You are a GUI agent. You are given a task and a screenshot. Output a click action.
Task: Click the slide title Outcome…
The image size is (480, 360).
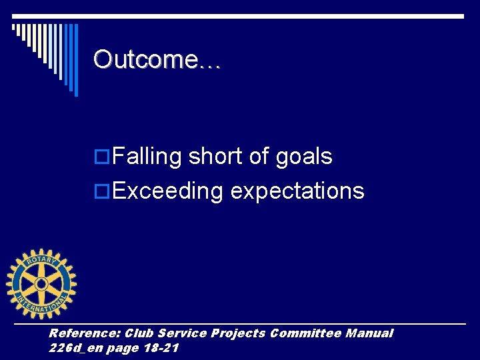[x=157, y=59]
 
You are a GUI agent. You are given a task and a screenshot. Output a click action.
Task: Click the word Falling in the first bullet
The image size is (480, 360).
[x=147, y=157]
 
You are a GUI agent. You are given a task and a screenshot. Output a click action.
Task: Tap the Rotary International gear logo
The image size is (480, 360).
[x=41, y=284]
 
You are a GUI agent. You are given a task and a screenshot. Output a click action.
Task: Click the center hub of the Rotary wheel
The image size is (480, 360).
[x=41, y=284]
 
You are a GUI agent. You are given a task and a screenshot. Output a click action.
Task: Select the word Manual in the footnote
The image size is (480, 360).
[x=369, y=333]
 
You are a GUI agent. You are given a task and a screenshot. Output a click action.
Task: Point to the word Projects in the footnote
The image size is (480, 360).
[x=238, y=333]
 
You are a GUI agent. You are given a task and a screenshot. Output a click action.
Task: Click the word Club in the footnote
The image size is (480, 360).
[x=139, y=333]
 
